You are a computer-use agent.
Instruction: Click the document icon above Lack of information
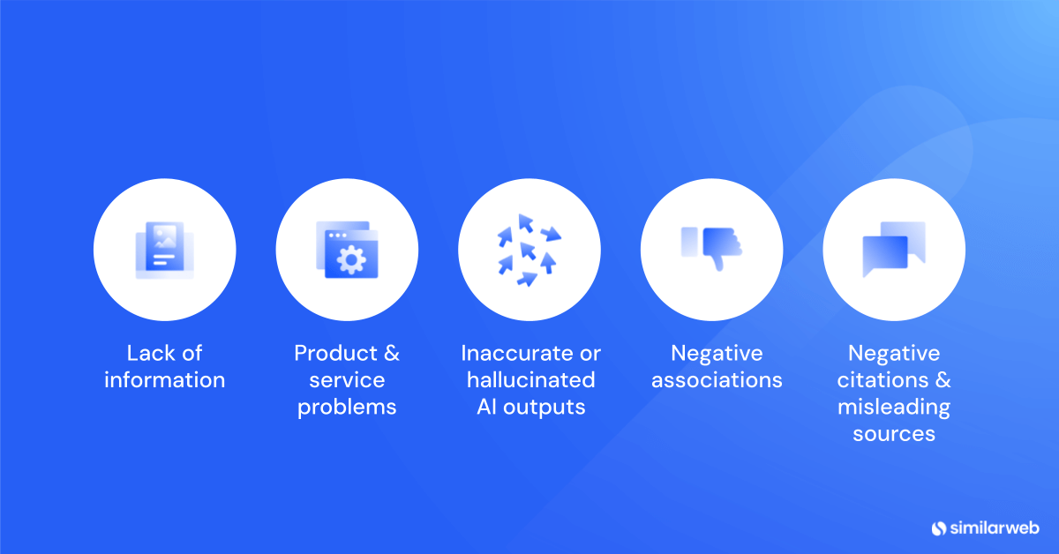pos(164,250)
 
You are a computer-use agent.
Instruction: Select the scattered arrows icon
pos(529,250)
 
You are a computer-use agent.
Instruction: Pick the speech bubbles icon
pos(893,249)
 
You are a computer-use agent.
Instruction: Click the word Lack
pos(150,354)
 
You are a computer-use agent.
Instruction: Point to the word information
pos(164,380)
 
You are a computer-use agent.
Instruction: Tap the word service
pos(347,380)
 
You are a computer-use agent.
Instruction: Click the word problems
pos(347,408)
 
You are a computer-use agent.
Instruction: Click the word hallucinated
pos(530,380)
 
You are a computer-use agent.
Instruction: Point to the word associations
pos(717,380)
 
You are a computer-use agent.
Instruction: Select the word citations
pos(882,380)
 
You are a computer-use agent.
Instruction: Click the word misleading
pos(894,408)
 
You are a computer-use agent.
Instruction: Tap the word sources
pos(894,434)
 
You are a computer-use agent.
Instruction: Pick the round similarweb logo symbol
pos(938,528)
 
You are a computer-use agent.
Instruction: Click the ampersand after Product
pos(391,354)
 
